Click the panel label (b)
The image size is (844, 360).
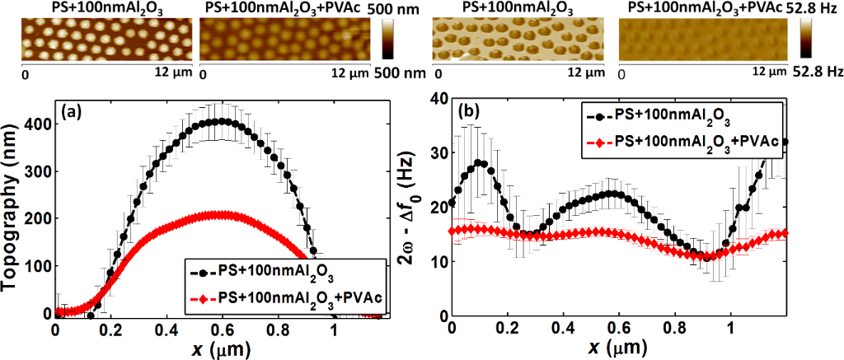tap(463, 110)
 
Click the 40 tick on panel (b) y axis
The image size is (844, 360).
tap(438, 98)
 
